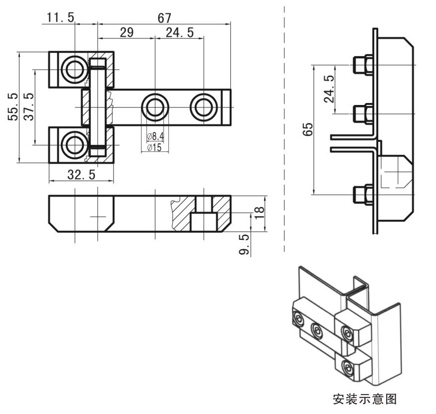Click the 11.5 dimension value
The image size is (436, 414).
coord(60,18)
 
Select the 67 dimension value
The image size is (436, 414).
coord(164,18)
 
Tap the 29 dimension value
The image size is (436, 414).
coord(127,33)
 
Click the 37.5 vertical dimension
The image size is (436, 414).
coord(29,106)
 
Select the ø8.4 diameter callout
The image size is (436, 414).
coord(155,136)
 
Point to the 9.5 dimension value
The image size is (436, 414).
coord(244,245)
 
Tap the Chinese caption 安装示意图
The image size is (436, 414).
coord(364,399)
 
